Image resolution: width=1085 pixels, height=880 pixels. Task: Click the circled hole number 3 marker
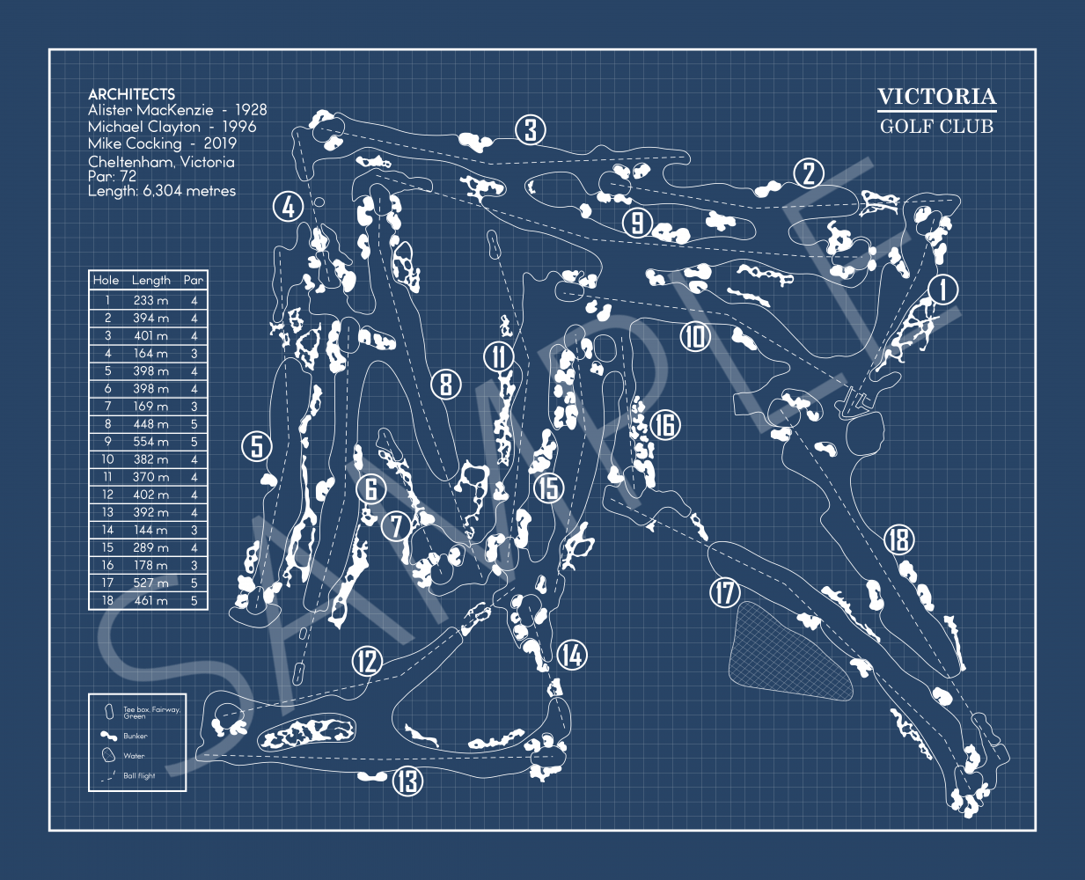531,130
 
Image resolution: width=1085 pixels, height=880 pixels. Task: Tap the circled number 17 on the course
725,592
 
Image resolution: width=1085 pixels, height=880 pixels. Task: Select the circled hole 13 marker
407,780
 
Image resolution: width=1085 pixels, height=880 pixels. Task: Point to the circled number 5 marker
256,446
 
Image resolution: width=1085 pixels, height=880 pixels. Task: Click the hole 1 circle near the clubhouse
943,289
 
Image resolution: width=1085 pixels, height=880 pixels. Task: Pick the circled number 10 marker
695,335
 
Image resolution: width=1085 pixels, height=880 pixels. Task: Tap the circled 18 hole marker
898,539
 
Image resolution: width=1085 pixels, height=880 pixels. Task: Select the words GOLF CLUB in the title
936,126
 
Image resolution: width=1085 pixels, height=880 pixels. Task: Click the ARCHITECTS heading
131,94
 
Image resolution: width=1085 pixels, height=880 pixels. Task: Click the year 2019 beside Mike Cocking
220,143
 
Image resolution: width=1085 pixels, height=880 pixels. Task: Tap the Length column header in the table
151,280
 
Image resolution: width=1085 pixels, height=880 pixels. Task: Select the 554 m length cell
150,442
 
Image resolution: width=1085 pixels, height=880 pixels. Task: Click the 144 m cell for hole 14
150,530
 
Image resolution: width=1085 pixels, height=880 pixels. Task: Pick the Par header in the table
194,280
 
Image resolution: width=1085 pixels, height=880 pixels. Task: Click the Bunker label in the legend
136,736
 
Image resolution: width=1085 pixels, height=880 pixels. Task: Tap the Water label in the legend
134,756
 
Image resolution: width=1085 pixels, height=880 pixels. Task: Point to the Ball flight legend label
139,776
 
